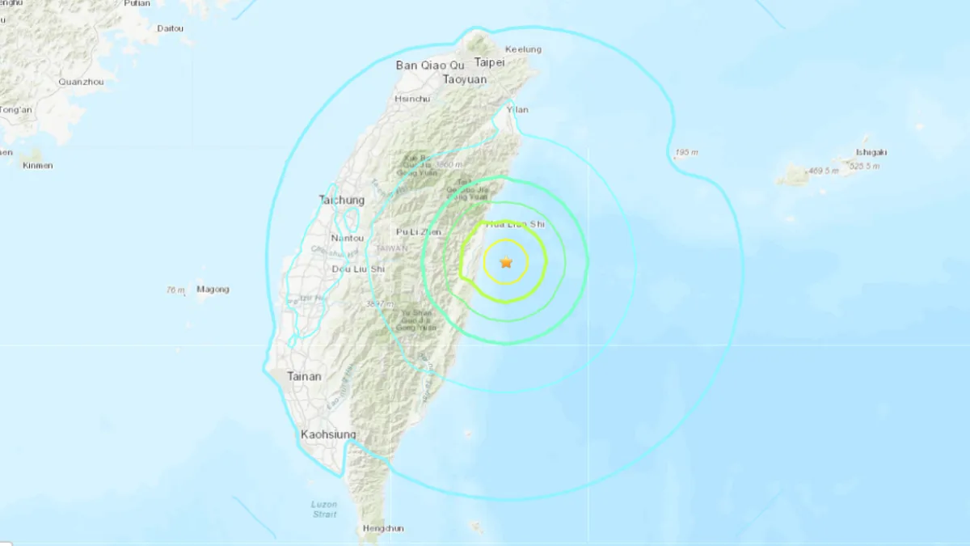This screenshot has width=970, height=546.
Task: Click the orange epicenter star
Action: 506,262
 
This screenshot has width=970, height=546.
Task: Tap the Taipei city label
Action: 489,62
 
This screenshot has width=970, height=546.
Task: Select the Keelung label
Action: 523,49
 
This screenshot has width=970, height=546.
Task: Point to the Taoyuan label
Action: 465,79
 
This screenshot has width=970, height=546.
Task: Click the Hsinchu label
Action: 407,99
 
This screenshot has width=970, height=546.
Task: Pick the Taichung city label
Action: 341,200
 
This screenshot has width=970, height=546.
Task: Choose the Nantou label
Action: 348,238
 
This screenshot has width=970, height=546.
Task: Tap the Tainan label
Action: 304,376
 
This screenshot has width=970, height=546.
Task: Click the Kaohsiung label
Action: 328,434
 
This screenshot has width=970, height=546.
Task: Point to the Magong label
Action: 213,290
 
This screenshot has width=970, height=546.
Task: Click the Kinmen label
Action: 37,166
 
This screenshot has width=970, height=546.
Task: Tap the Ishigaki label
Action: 872,151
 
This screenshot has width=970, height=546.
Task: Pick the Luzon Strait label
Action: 324,508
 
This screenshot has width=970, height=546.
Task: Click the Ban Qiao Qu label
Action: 431,65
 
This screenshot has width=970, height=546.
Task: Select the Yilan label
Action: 517,109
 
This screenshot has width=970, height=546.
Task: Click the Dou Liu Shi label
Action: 359,269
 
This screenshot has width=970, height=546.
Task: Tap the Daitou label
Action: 170,28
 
